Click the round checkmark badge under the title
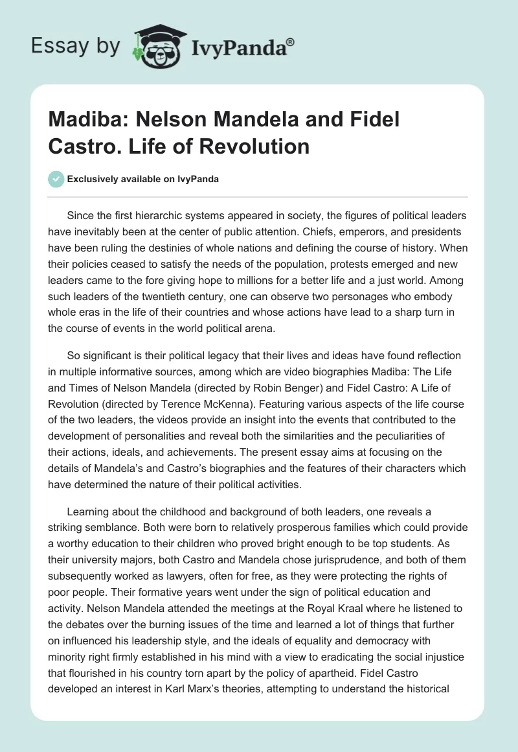(56, 179)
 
